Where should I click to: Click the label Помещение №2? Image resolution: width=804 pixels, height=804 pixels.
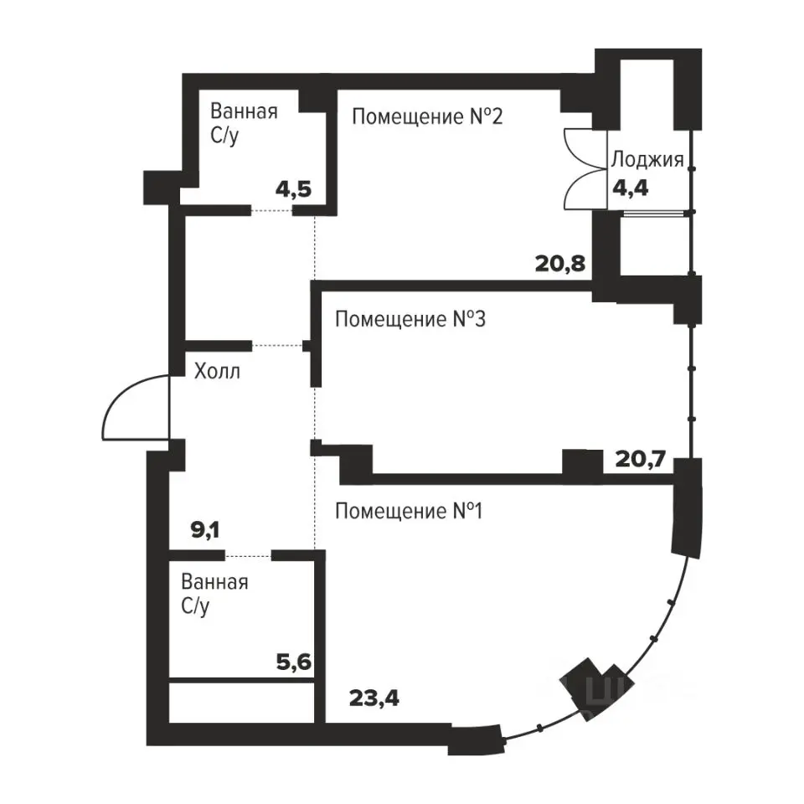(x=427, y=117)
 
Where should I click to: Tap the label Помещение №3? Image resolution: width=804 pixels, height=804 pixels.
(x=410, y=319)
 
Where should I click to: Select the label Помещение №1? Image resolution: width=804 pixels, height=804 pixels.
(x=409, y=511)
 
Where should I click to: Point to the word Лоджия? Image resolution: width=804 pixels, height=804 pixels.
(x=647, y=160)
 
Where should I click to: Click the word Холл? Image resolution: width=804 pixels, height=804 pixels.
(x=217, y=371)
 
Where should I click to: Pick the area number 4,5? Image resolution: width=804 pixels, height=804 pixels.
(x=293, y=190)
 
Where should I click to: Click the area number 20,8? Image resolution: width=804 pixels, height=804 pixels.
(x=560, y=264)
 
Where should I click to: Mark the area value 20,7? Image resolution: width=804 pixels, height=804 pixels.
(x=641, y=459)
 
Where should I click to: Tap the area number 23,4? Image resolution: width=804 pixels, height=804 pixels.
(x=374, y=698)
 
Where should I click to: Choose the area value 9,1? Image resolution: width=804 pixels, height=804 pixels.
(x=205, y=530)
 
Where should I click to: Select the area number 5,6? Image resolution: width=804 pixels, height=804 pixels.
(x=294, y=662)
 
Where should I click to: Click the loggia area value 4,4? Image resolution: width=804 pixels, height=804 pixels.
(x=631, y=188)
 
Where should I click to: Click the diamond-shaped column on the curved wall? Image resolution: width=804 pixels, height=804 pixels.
(x=595, y=688)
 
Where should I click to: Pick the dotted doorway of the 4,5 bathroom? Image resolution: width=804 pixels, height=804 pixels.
(x=271, y=210)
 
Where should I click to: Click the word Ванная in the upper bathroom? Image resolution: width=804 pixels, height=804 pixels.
(x=244, y=111)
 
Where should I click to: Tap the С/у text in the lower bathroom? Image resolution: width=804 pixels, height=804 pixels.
(x=195, y=607)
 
